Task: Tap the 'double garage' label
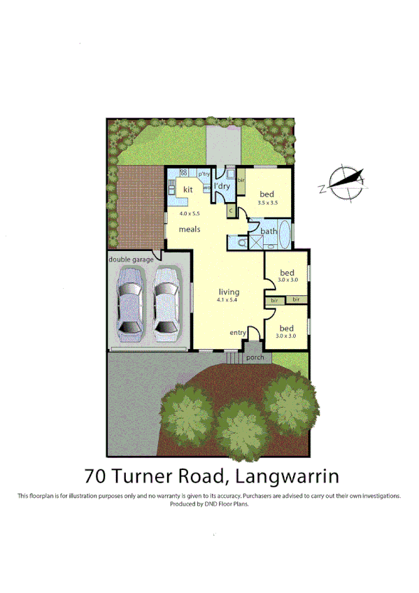click(x=130, y=259)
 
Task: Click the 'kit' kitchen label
click(x=187, y=190)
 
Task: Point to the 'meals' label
click(x=190, y=229)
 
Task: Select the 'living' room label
click(x=229, y=292)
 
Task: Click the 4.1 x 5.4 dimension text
click(x=228, y=301)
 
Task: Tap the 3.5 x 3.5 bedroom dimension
click(x=268, y=203)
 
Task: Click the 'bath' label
click(x=269, y=231)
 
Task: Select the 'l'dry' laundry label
click(x=222, y=187)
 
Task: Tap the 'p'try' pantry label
click(x=204, y=174)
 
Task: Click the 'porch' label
click(x=255, y=357)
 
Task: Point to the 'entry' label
click(x=239, y=332)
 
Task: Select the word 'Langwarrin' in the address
click(x=287, y=477)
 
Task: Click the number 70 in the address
click(x=97, y=477)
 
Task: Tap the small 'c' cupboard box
click(x=230, y=209)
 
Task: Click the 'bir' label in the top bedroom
click(x=241, y=180)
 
